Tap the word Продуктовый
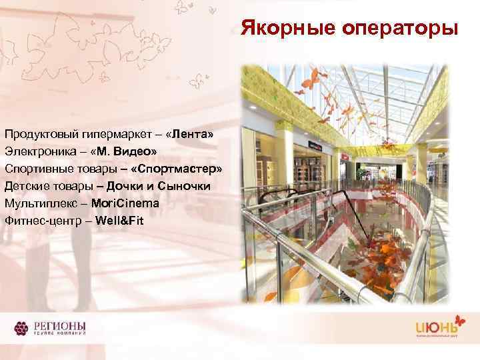click(x=39, y=135)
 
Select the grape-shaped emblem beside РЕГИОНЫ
click(x=23, y=329)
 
